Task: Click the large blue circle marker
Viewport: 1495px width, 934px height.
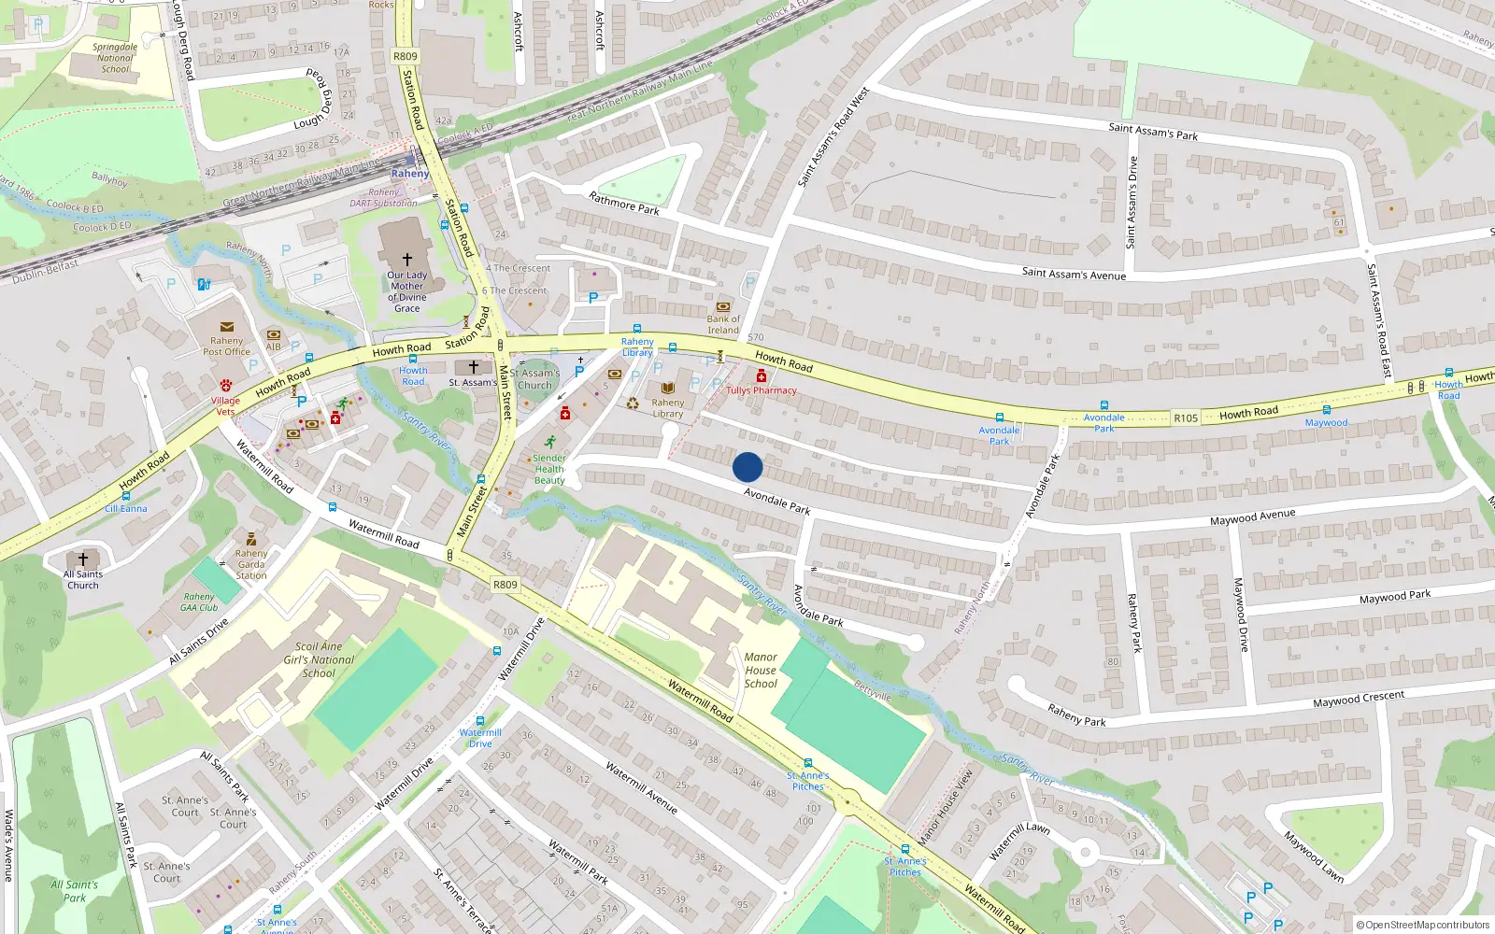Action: coord(747,467)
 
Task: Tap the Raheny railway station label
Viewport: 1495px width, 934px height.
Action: coord(410,174)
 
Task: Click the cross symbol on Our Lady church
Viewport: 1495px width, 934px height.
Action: coord(407,259)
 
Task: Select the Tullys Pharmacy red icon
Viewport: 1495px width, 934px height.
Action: coord(762,376)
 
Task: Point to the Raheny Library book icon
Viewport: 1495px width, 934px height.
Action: coord(668,389)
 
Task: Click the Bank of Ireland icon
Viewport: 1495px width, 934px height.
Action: coord(722,306)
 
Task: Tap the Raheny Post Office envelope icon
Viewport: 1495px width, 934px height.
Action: coord(227,327)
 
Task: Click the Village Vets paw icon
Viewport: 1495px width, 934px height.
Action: coord(226,385)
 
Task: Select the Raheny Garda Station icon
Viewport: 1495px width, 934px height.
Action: coord(250,539)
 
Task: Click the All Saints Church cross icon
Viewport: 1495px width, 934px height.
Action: coord(83,559)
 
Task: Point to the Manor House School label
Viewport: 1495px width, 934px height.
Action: coord(761,671)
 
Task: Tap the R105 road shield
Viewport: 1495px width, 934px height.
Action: coord(1186,418)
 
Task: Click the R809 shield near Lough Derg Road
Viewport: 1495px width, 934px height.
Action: coord(406,56)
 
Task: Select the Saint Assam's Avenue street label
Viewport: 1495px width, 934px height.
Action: coord(1074,274)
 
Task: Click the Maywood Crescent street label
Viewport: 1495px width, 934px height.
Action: coord(1358,700)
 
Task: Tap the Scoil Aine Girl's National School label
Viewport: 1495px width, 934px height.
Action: coord(319,659)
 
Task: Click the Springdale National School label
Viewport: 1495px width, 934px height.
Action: coord(115,58)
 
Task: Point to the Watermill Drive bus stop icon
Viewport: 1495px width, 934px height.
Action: coord(480,721)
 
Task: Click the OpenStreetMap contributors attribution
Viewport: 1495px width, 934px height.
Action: coord(1423,925)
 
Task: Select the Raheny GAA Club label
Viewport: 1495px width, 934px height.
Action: coord(199,601)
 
